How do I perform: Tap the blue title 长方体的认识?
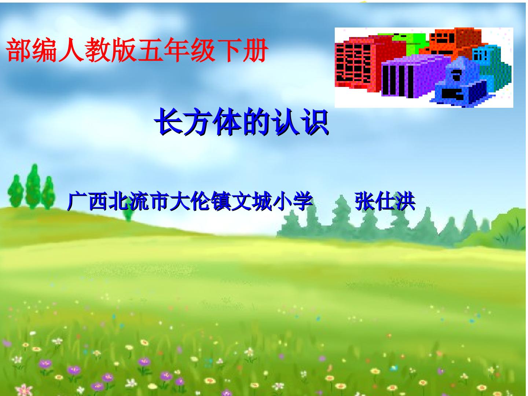pyautogui.click(x=242, y=122)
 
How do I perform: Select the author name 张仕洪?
pyautogui.click(x=385, y=201)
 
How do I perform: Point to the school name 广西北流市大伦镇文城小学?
pyautogui.click(x=190, y=201)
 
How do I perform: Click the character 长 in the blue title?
pyautogui.click(x=169, y=122)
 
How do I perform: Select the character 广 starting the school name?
pyautogui.click(x=77, y=201)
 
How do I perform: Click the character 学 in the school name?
pyautogui.click(x=302, y=201)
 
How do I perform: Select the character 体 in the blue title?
pyautogui.click(x=228, y=122)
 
